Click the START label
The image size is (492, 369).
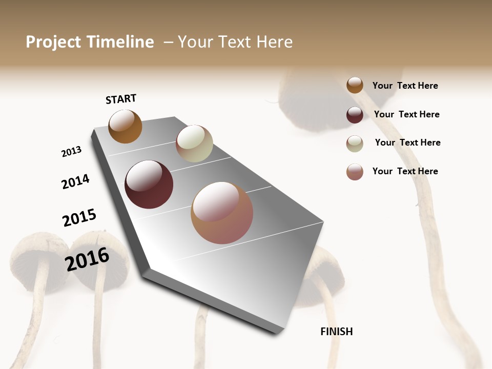tap(121, 99)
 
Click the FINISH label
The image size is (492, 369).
tap(336, 332)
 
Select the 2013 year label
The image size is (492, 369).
tap(71, 152)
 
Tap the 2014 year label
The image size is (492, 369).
tap(75, 181)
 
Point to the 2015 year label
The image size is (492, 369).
tap(79, 218)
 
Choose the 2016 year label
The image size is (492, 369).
tap(87, 259)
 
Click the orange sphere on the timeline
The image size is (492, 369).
tap(125, 127)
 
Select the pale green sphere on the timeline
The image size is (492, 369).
tap(194, 143)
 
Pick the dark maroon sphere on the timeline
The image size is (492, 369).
tap(149, 184)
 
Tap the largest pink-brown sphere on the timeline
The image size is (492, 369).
tap(222, 213)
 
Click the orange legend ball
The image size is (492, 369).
tap(355, 86)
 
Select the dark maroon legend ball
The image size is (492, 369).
tap(355, 115)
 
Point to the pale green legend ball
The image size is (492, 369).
tap(355, 143)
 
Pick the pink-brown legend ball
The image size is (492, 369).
tap(355, 172)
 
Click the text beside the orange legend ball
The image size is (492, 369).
tap(405, 86)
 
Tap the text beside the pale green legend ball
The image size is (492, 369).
tap(407, 142)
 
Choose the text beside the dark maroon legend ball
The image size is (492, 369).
tap(406, 114)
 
